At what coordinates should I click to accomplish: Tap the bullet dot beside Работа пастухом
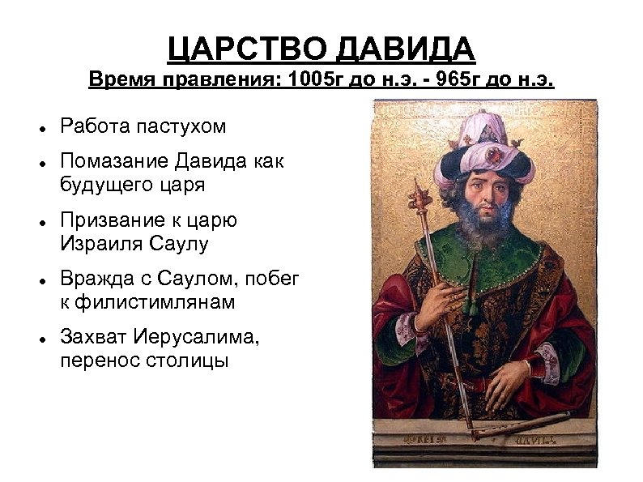coord(40,129)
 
